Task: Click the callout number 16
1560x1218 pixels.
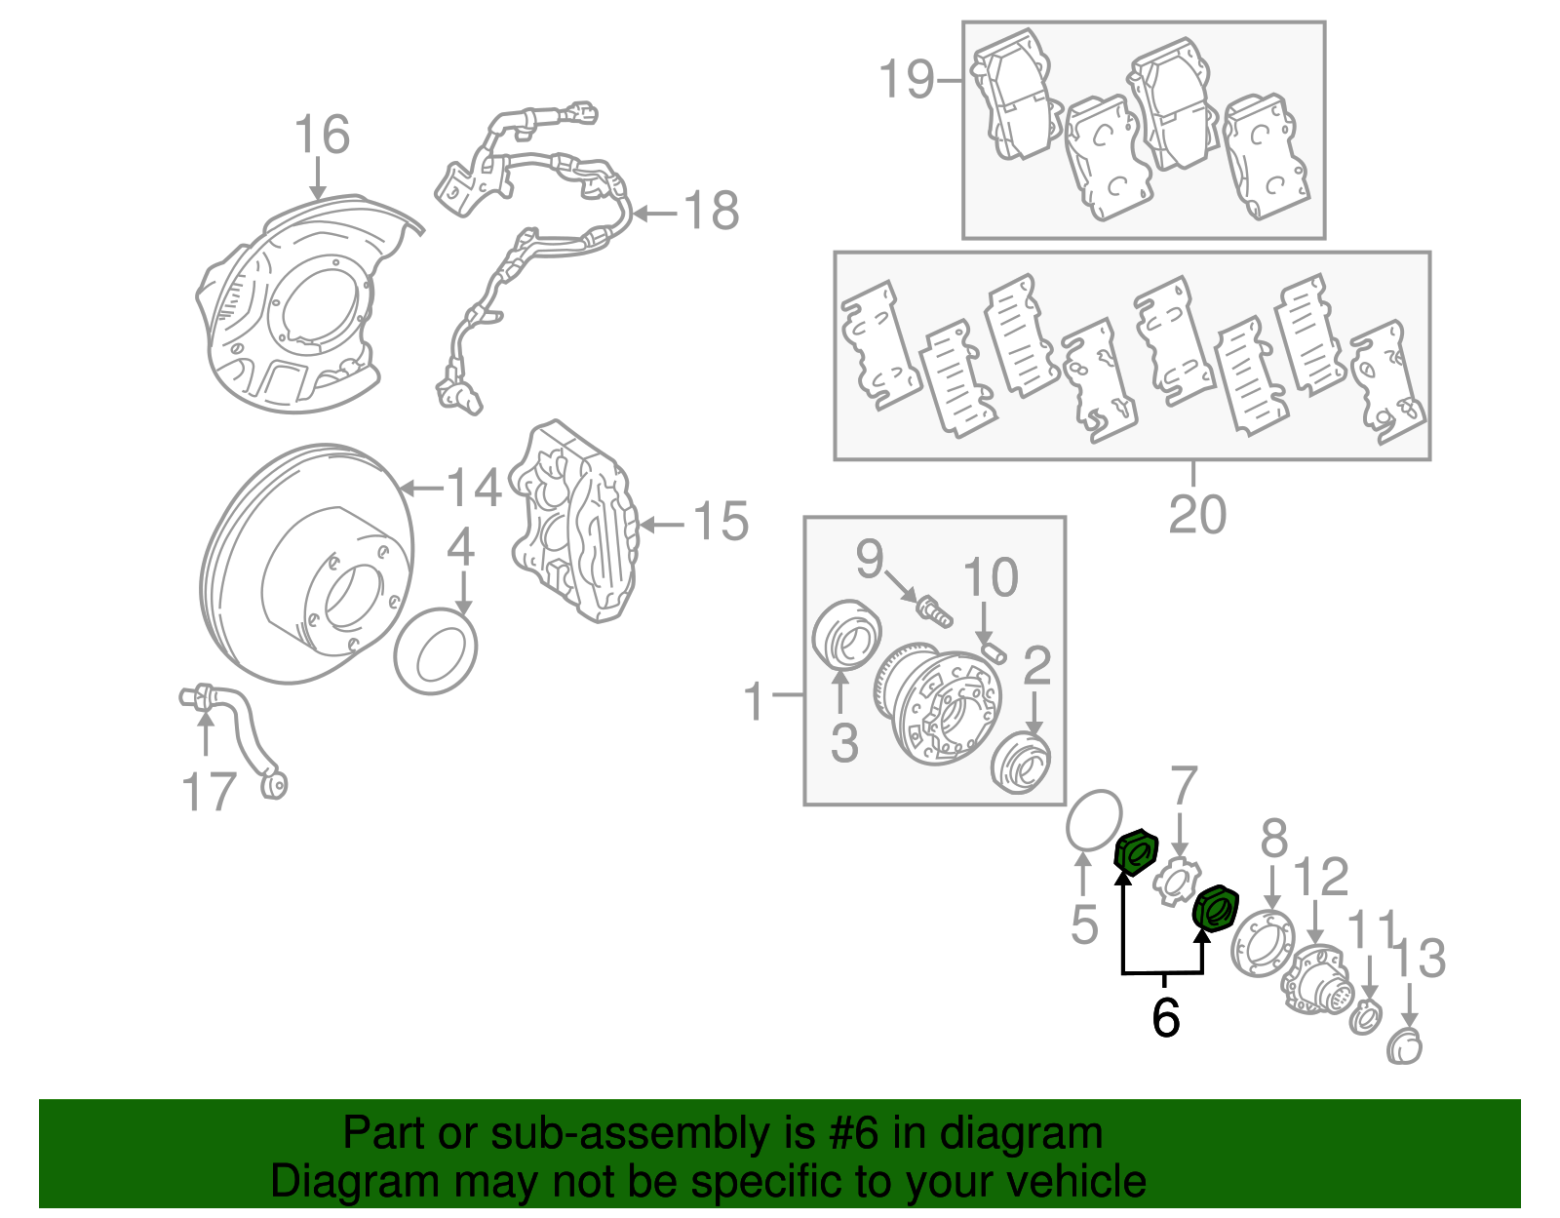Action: (x=322, y=135)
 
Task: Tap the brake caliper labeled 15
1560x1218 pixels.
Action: (x=574, y=522)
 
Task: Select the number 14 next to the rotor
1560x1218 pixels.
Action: (x=474, y=487)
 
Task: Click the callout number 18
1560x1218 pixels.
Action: (x=711, y=211)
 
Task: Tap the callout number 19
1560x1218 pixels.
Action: (x=907, y=79)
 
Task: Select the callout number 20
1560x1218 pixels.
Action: (x=1197, y=514)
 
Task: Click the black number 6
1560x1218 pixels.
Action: (x=1165, y=1017)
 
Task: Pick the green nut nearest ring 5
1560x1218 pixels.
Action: (x=1135, y=852)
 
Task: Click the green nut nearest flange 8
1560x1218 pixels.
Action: (x=1216, y=909)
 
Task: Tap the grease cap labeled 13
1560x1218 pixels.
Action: (x=1405, y=1046)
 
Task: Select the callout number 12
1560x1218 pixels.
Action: (x=1321, y=877)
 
